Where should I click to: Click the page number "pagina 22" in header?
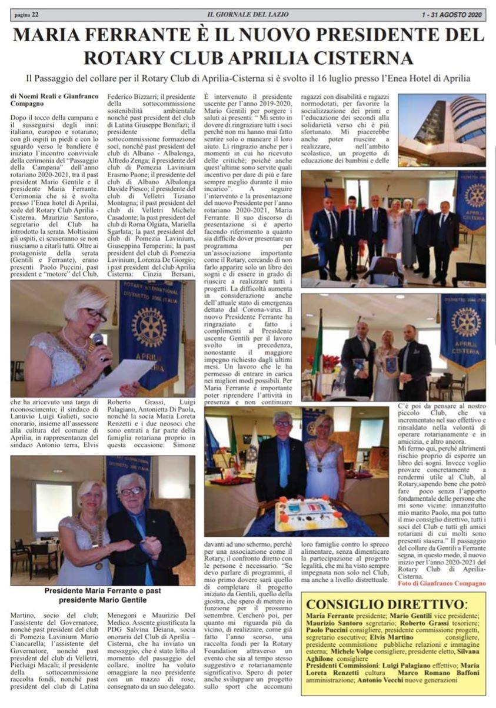point(26,14)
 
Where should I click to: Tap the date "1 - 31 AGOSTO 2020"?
point(455,14)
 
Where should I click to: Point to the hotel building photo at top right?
point(450,129)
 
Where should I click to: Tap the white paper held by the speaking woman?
point(121,377)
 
